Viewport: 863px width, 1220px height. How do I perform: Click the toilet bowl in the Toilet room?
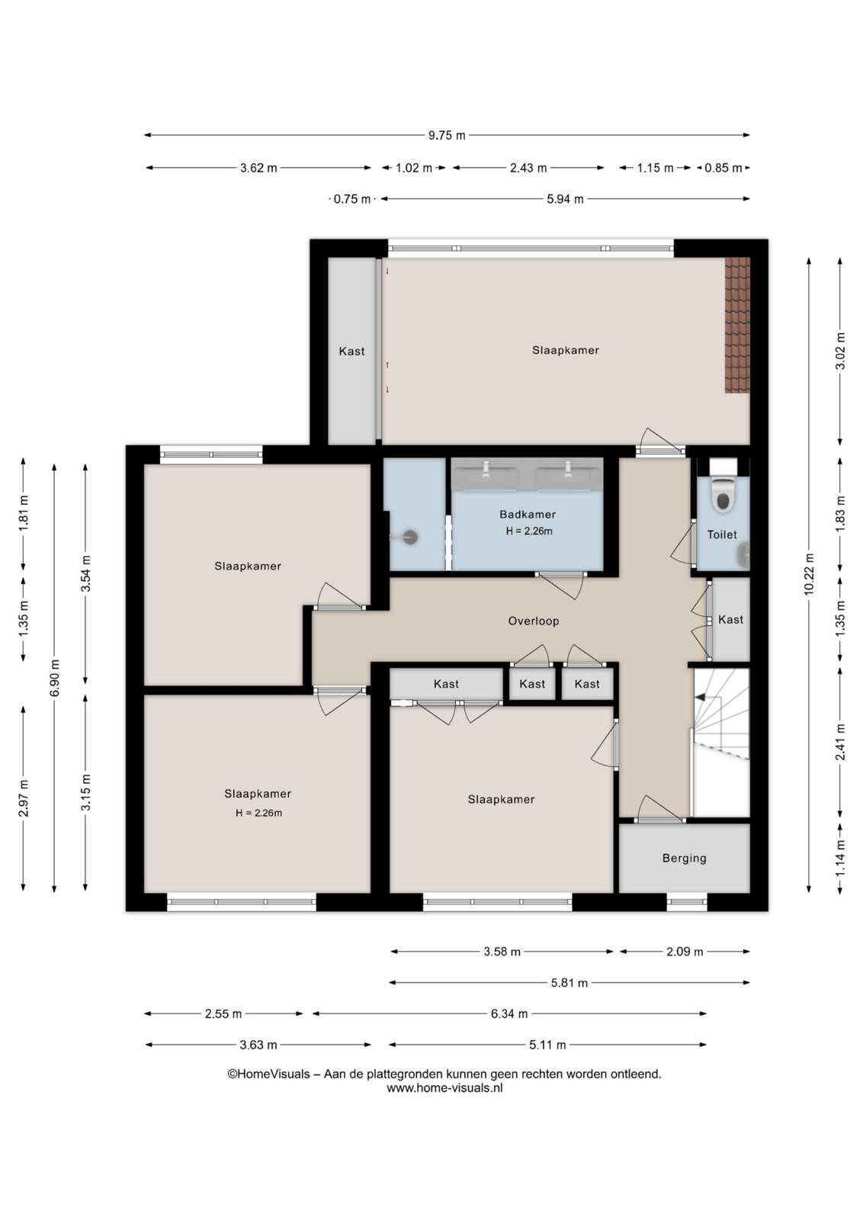pos(723,496)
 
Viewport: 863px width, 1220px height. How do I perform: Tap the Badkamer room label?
pos(528,514)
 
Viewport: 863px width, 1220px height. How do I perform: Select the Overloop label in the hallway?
pos(534,621)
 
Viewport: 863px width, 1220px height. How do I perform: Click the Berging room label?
pos(685,859)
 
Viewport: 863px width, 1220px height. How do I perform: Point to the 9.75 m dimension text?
pos(447,136)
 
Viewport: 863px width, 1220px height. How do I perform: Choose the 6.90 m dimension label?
pos(54,678)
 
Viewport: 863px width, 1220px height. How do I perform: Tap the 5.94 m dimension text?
pos(565,199)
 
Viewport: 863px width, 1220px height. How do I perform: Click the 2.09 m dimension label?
pos(685,952)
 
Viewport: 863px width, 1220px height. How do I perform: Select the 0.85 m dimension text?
pos(723,169)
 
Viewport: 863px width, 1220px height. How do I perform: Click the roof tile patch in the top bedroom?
pos(737,325)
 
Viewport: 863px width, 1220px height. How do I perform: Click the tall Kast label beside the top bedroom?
pos(351,352)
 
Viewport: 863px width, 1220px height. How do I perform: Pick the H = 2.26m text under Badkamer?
pos(529,531)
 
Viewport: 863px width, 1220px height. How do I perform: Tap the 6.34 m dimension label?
pos(509,1013)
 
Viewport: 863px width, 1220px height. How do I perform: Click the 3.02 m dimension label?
pos(841,352)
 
